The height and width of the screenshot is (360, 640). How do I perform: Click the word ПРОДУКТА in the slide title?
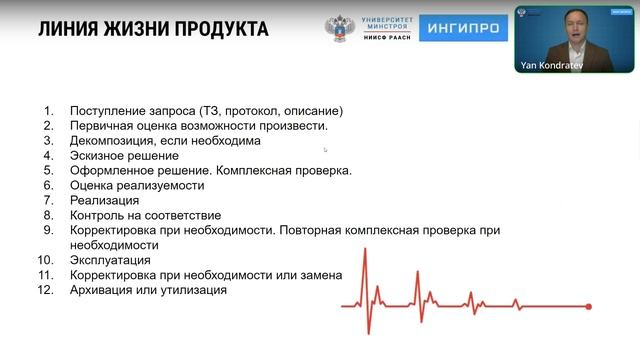[x=218, y=29]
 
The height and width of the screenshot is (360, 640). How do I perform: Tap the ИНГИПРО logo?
[x=463, y=29]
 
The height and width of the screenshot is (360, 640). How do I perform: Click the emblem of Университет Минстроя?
[x=340, y=29]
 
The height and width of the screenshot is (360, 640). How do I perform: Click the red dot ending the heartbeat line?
[x=589, y=306]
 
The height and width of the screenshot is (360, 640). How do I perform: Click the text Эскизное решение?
[x=124, y=156]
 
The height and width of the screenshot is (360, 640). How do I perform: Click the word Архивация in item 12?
[x=104, y=290]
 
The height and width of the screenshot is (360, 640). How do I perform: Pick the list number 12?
[x=45, y=290]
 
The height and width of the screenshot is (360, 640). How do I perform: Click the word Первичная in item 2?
[x=104, y=126]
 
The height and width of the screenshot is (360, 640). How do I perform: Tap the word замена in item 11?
[x=319, y=275]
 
